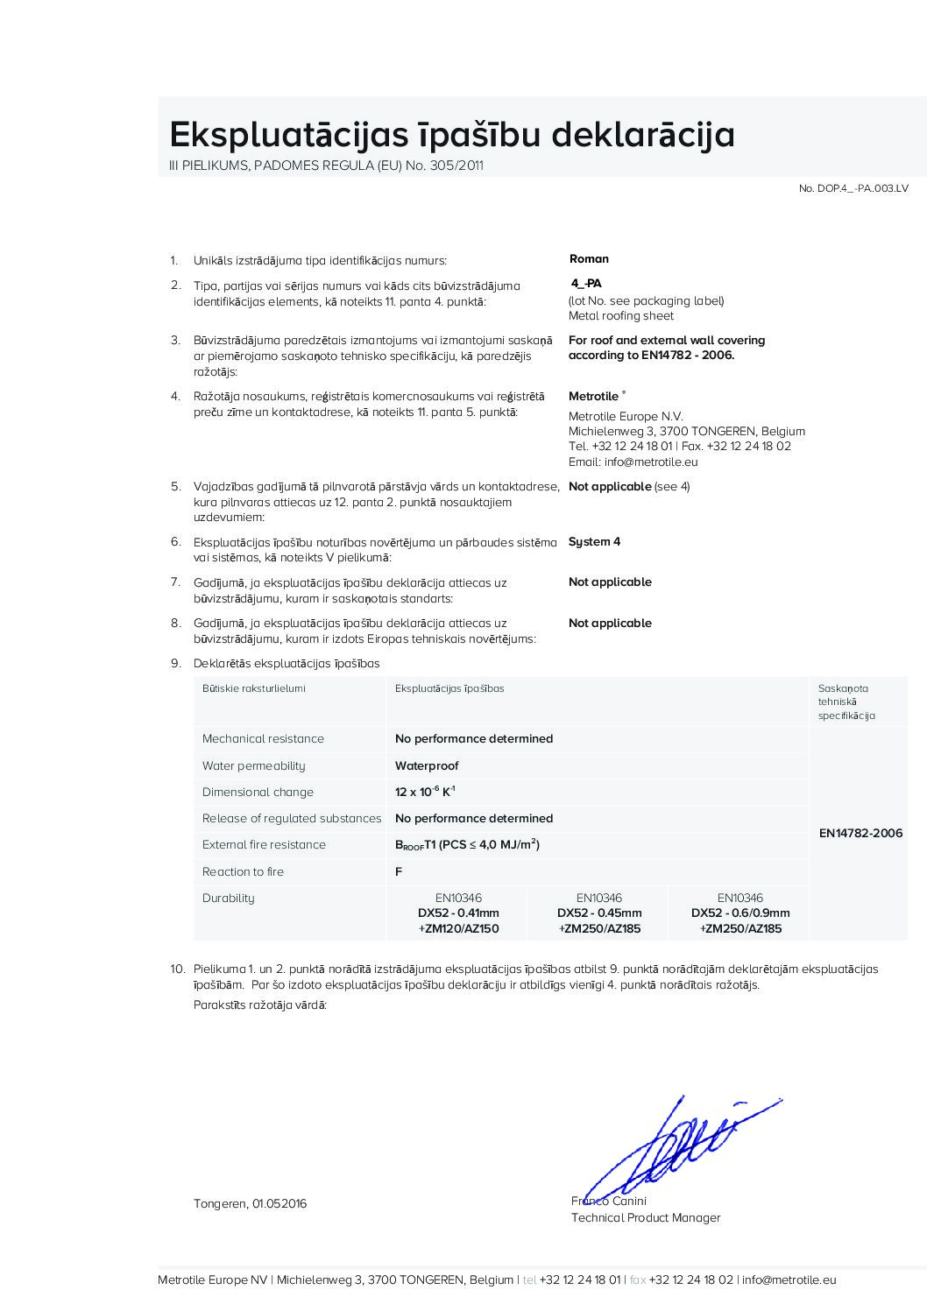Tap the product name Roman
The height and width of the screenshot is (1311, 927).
[x=589, y=259]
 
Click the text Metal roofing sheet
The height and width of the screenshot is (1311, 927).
[x=621, y=316]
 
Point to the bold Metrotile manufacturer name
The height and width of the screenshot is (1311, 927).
[x=594, y=397]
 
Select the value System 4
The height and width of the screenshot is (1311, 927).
[x=594, y=542]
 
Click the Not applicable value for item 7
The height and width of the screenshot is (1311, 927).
[x=610, y=582]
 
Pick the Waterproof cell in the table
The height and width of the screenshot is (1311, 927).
[x=427, y=765]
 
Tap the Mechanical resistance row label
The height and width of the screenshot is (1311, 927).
[x=263, y=739]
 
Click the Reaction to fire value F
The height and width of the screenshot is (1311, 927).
[x=399, y=871]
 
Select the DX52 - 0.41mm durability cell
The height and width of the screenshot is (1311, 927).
[x=458, y=913]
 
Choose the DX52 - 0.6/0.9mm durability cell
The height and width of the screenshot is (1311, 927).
[x=740, y=913]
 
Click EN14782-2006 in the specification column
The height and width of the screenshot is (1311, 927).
[x=860, y=833]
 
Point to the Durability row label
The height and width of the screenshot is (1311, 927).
[x=228, y=898]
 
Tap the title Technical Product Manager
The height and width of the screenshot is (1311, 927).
[x=646, y=1218]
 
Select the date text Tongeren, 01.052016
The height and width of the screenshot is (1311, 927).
[x=250, y=1204]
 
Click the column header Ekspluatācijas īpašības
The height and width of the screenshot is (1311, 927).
[x=449, y=688]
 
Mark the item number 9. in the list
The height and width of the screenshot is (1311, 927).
[x=175, y=664]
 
